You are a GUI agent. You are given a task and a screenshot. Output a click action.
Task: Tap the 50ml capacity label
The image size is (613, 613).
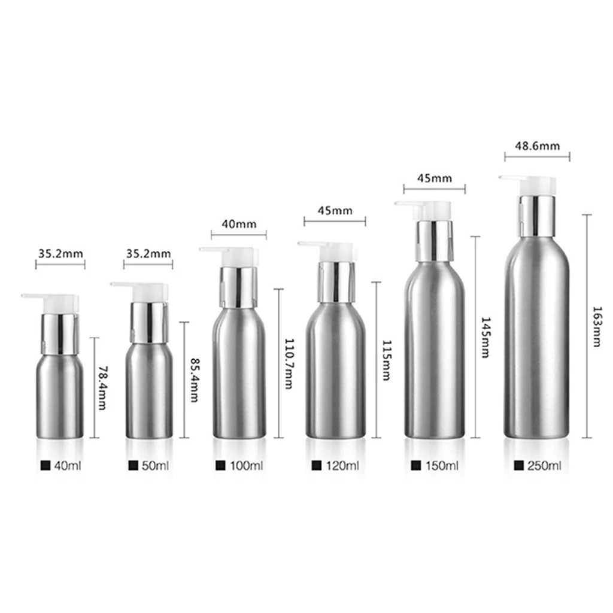[154, 465]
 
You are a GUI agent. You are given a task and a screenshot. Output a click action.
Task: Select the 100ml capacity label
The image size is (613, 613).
[246, 465]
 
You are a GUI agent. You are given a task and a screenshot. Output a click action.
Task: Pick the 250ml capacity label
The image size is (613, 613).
[545, 465]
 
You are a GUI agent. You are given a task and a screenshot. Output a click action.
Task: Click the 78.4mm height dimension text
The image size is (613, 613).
[102, 388]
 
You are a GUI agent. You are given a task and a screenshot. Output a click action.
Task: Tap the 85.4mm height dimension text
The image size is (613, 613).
[193, 380]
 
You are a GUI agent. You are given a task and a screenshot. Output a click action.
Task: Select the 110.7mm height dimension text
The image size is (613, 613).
[287, 363]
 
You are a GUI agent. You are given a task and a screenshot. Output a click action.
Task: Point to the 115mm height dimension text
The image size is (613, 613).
[386, 359]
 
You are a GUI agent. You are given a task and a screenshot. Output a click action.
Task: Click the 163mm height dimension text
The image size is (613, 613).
[596, 326]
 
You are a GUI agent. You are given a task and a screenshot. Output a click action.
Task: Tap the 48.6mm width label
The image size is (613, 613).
[537, 145]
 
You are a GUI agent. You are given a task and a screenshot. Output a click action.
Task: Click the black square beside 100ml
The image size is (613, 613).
[220, 465]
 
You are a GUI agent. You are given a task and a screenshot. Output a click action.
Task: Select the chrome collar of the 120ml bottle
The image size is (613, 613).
[336, 281]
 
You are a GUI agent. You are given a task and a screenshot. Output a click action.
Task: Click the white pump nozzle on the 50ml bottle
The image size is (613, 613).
[142, 290]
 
